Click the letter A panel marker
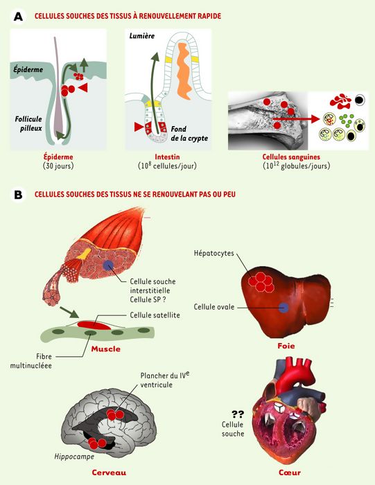[18, 17]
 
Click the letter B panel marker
[18, 195]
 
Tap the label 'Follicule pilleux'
[28, 123]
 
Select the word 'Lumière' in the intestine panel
[142, 36]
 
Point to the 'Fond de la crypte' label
[189, 133]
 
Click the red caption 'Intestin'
[167, 157]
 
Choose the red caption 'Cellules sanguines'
[291, 157]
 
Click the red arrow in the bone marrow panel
[296, 118]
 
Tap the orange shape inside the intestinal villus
[184, 71]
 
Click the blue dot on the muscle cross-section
[108, 265]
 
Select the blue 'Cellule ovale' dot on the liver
[284, 308]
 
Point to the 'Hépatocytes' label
[213, 253]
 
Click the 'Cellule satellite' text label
[155, 315]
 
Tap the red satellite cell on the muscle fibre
[94, 325]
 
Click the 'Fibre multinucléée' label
[31, 361]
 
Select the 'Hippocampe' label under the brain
[74, 457]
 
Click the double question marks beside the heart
[238, 414]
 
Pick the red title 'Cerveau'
[109, 473]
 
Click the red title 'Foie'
[286, 346]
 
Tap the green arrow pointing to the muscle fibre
[69, 312]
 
